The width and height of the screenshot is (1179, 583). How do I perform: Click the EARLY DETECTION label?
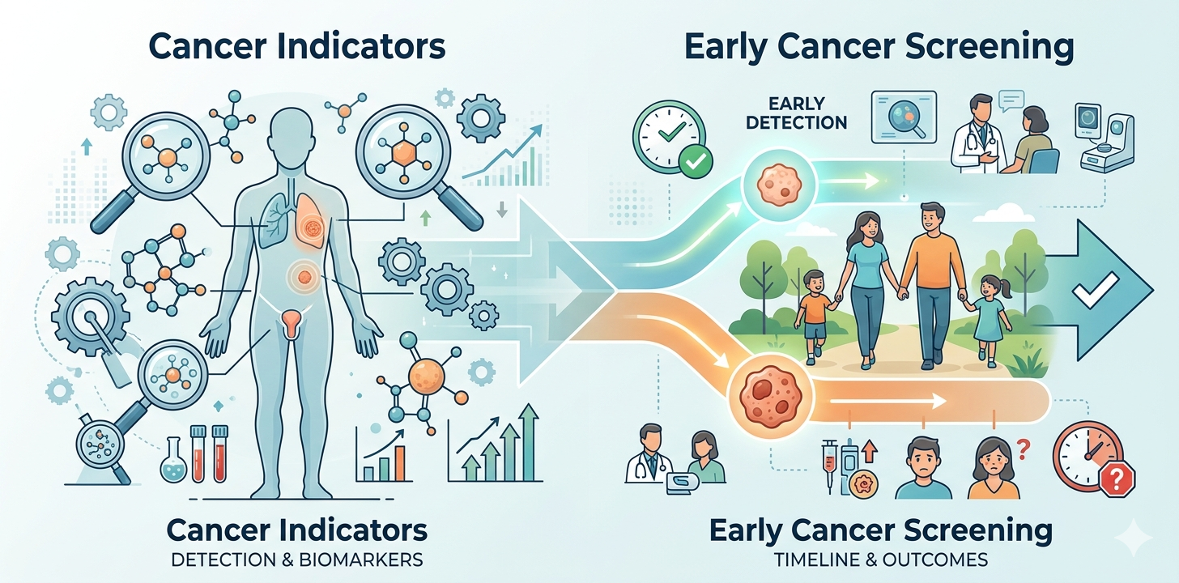point(796,113)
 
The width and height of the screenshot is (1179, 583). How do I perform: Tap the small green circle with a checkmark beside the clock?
point(696,161)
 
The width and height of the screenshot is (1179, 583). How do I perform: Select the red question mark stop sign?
point(1117,479)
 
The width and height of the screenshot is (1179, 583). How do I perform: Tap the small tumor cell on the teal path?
point(779,185)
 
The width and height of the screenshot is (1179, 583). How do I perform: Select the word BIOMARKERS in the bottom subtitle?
point(361,560)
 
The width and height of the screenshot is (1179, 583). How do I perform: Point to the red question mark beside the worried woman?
point(1024,450)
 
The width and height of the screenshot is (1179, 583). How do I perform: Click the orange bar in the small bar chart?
point(400,463)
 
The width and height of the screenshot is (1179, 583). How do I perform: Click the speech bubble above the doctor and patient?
point(1011,100)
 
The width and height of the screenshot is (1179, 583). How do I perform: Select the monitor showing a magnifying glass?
point(904,117)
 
